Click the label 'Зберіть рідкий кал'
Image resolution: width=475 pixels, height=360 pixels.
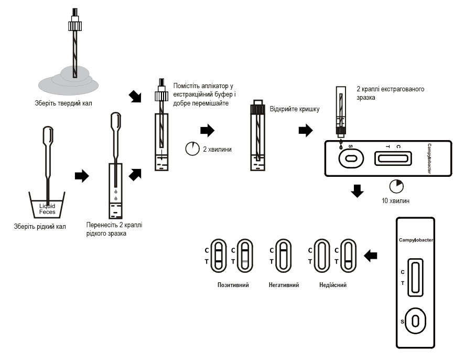[x=40, y=227]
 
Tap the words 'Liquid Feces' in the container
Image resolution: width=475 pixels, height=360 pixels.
[x=47, y=209]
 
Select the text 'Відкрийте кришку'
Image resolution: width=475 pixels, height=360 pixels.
[x=295, y=109]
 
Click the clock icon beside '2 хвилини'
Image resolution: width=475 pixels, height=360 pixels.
[x=192, y=149]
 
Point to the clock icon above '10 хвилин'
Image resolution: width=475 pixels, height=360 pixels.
[x=396, y=186]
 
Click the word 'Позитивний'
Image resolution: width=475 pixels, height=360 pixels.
[x=233, y=285]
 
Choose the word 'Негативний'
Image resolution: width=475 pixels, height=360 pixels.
[x=283, y=285]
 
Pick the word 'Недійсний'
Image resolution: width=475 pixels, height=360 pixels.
[x=333, y=285]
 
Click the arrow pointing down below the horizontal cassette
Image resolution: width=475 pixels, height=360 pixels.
[x=357, y=190]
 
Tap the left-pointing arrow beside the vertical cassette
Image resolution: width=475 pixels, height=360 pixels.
[x=371, y=256]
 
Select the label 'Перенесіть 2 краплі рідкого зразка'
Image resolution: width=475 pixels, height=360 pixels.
[x=114, y=229]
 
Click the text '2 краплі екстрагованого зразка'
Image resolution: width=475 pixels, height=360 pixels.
[x=390, y=93]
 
